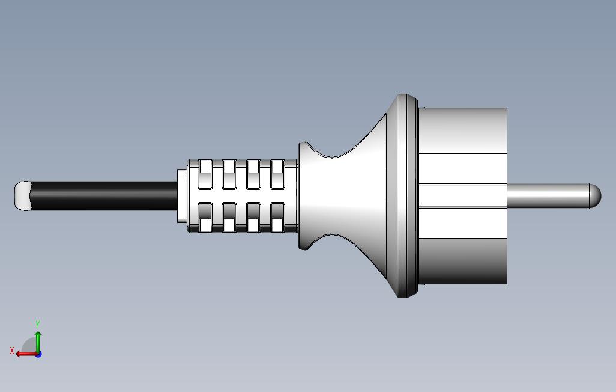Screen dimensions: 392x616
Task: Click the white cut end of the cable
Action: click(22, 196)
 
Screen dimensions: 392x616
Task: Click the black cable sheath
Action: click(102, 196)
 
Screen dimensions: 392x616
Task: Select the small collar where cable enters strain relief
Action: click(182, 196)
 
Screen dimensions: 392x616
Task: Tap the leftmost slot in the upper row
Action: click(205, 174)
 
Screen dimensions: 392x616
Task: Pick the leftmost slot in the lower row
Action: click(205, 217)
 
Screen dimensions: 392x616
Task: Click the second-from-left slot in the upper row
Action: click(229, 174)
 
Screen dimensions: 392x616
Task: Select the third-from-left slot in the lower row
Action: click(253, 217)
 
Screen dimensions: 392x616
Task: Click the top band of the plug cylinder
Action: click(462, 130)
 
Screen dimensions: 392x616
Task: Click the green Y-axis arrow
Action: click(38, 340)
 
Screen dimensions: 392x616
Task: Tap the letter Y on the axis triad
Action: click(38, 325)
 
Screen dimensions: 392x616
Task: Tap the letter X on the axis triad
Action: click(11, 351)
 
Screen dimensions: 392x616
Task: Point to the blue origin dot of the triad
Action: click(38, 354)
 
